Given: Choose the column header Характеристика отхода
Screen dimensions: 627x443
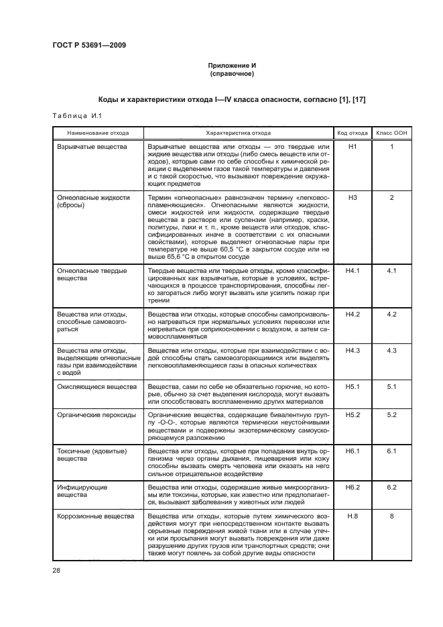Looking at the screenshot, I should (x=239, y=133).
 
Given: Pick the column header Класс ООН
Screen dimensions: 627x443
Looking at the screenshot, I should (x=392, y=133).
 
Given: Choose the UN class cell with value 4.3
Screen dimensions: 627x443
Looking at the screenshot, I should (x=392, y=350).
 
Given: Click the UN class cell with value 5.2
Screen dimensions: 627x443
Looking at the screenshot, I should (x=392, y=416).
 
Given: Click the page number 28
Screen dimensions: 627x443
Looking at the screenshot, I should (x=56, y=570).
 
